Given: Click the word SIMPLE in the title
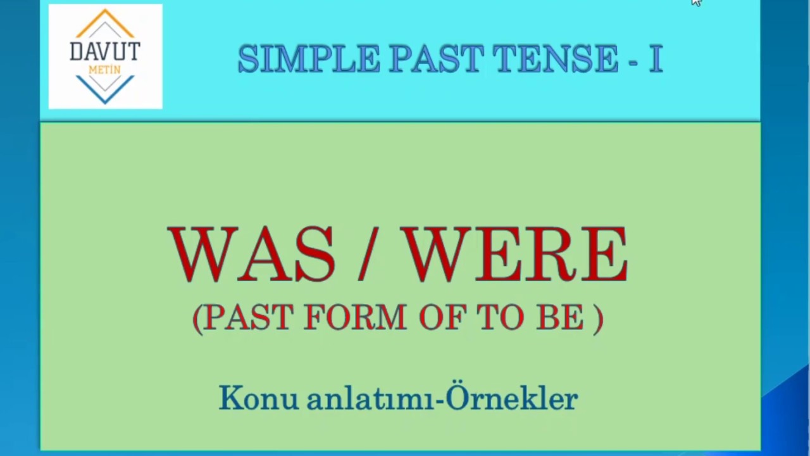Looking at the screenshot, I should (308, 59).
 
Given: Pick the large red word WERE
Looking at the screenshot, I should (516, 255).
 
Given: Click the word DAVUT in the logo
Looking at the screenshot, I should (105, 51).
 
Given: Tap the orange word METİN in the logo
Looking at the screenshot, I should (105, 70).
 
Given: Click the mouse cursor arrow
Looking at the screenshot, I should (695, 3).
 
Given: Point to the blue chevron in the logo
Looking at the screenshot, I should (105, 91).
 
